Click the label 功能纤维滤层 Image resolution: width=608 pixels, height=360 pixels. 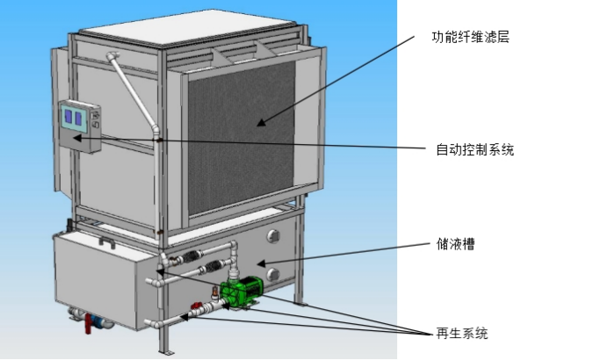pyautogui.click(x=470, y=37)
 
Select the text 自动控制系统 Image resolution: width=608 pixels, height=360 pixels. pyautogui.click(x=475, y=149)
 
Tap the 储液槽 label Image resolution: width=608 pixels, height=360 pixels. pyautogui.click(x=456, y=244)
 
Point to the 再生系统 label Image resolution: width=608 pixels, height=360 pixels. pyautogui.click(x=462, y=334)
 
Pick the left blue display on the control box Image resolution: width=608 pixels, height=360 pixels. pyautogui.click(x=69, y=116)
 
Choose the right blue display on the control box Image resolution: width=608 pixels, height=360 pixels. pyautogui.click(x=78, y=119)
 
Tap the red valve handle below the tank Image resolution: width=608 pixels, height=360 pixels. pyautogui.click(x=88, y=324)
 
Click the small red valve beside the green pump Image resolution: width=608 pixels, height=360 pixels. pyautogui.click(x=196, y=306)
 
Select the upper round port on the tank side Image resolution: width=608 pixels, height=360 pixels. pyautogui.click(x=273, y=236)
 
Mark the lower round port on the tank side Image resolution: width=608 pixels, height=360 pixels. pyautogui.click(x=273, y=274)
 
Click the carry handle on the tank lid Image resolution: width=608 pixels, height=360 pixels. pyautogui.click(x=106, y=241)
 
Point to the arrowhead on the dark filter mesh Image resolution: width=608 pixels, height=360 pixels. pyautogui.click(x=261, y=122)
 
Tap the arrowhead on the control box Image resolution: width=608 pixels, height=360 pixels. pyautogui.click(x=77, y=137)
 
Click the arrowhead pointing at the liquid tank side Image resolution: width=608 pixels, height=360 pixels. pyautogui.click(x=261, y=264)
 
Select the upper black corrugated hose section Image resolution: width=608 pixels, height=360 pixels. pyautogui.click(x=192, y=256)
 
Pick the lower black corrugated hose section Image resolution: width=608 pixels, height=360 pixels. pyautogui.click(x=213, y=266)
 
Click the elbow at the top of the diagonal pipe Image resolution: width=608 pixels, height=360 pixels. pyautogui.click(x=112, y=56)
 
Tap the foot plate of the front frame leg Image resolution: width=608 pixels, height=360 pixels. pyautogui.click(x=167, y=352)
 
